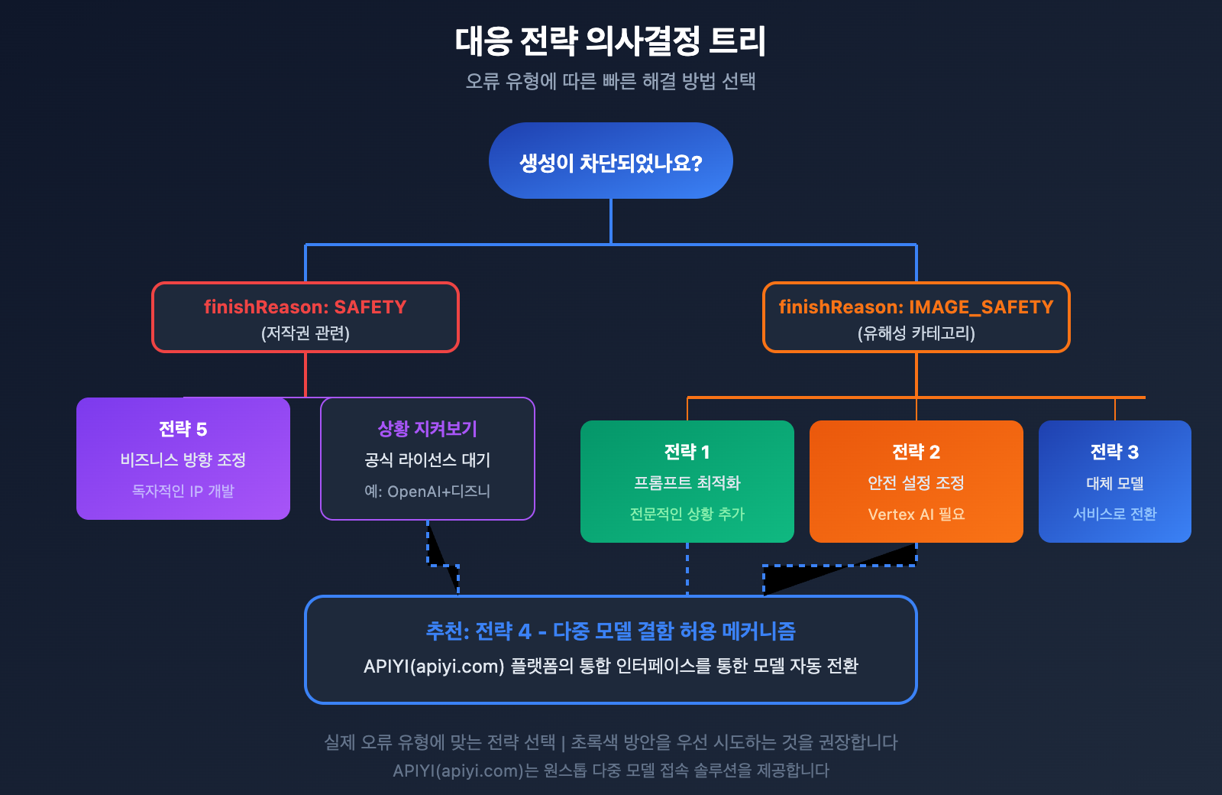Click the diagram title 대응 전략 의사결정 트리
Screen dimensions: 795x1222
[x=610, y=41]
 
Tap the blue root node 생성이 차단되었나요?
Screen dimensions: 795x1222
[x=610, y=161]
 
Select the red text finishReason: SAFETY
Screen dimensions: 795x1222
[x=305, y=307]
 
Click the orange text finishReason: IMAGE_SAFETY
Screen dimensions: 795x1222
[x=916, y=307]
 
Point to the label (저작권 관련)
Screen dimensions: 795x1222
[x=305, y=333]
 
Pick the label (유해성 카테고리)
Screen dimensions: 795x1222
[x=916, y=333]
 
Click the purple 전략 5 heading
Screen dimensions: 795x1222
[x=183, y=429]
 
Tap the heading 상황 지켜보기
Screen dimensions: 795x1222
[x=427, y=429]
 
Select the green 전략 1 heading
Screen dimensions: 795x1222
[x=687, y=452]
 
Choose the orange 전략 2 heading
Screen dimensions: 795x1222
[x=916, y=452]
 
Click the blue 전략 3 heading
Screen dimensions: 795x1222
[x=1114, y=452]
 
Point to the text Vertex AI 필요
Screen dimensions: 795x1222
[x=916, y=514]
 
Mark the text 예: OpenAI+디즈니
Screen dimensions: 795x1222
[x=427, y=491]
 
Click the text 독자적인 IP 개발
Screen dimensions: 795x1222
[x=183, y=491]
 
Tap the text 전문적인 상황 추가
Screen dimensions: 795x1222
[x=687, y=514]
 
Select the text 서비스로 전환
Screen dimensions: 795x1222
[x=1114, y=514]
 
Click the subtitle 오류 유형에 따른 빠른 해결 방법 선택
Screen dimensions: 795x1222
[x=610, y=81]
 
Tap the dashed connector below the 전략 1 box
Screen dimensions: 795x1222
[x=687, y=569]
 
